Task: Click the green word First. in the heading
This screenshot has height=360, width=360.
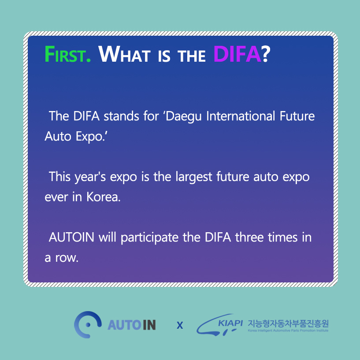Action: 68,54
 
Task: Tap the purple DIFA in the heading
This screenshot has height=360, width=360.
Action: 237,54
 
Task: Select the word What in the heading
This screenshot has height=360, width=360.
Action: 125,54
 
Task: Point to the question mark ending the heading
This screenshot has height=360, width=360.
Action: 266,54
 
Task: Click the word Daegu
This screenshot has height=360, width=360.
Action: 183,117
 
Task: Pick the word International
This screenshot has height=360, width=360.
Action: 241,116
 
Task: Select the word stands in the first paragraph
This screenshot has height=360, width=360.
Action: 121,116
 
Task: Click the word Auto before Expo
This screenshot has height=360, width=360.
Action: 58,137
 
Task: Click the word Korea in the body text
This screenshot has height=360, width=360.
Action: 103,197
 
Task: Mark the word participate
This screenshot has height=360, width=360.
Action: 149,238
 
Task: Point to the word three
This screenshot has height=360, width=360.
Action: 249,238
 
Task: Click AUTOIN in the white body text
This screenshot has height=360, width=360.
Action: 72,238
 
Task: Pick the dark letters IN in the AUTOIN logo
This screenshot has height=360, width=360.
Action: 149,325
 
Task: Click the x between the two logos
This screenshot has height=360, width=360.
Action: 180,325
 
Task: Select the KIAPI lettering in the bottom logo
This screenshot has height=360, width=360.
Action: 230,323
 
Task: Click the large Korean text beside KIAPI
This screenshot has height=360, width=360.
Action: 288,324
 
